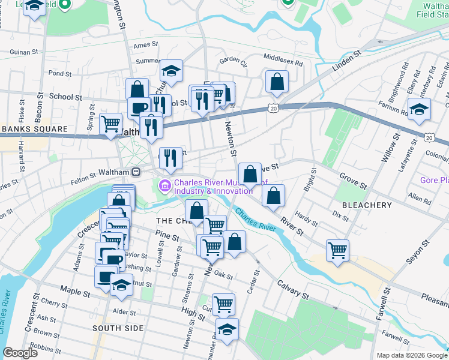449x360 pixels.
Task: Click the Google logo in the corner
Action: tap(20, 353)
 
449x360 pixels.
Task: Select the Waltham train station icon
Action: tap(137, 172)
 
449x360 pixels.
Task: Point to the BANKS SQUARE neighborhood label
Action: tap(34, 129)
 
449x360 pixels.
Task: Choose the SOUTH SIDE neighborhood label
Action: tap(118, 328)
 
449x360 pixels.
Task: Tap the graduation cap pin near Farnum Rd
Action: tap(419, 109)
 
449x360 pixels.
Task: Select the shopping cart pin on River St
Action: tap(338, 250)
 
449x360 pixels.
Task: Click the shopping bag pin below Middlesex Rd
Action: tap(277, 82)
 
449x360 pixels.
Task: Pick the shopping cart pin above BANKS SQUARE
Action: tap(110, 124)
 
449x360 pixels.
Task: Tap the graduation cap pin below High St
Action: tap(227, 329)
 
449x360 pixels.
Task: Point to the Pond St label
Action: tap(60, 74)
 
